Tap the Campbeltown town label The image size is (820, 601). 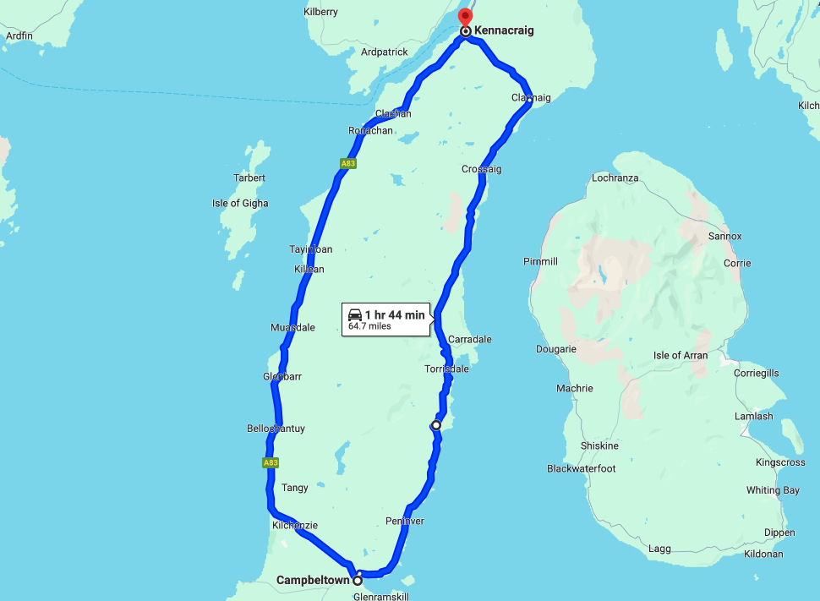click(313, 581)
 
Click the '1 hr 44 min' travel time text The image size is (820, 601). click(394, 315)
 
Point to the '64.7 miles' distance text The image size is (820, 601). click(369, 326)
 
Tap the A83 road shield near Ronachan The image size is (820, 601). click(347, 163)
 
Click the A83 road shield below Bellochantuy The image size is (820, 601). click(271, 463)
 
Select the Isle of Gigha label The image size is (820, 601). click(240, 204)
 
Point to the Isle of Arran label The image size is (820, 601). click(681, 356)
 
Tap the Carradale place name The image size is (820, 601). click(469, 340)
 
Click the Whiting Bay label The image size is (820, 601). click(773, 491)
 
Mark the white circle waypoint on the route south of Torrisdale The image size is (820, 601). click(435, 425)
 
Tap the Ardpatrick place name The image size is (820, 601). click(385, 52)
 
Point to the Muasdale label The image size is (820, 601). click(292, 328)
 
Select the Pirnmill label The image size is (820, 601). click(540, 262)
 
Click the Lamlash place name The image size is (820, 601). click(753, 417)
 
